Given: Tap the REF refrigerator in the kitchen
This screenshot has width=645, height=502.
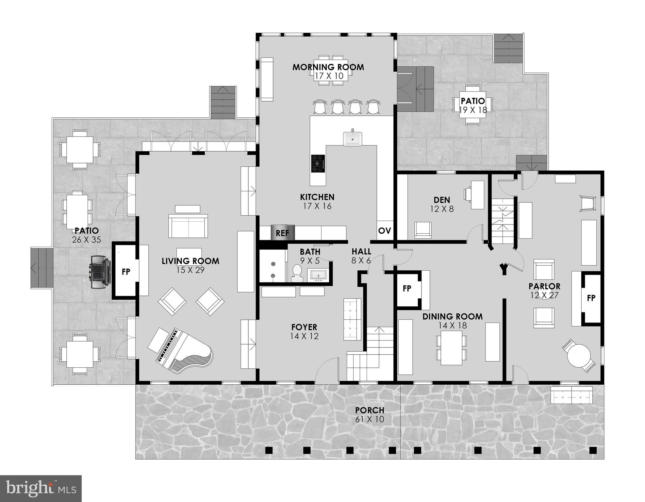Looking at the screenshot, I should (x=283, y=233).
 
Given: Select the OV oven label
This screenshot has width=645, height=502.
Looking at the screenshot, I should (x=385, y=231).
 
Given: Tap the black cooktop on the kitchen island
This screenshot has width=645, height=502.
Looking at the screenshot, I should (x=318, y=163).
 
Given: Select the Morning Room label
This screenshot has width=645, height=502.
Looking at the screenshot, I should (x=328, y=67).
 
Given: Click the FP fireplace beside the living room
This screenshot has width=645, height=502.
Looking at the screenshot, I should (x=126, y=271).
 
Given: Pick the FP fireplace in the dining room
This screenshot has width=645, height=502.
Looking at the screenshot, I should (x=407, y=288).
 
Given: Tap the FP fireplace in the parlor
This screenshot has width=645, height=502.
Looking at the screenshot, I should (x=591, y=298).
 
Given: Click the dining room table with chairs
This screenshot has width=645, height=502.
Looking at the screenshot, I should (x=451, y=348).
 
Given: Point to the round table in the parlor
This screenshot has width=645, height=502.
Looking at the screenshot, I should (x=579, y=356).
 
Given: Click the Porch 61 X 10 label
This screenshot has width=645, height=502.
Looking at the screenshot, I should (x=370, y=414).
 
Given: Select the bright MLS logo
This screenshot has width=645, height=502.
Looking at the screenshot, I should (x=41, y=489).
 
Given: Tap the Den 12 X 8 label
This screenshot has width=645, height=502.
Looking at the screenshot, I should (x=442, y=204).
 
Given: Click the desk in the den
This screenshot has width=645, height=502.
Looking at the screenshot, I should (x=477, y=195).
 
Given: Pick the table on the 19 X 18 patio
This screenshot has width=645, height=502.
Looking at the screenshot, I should (x=473, y=105).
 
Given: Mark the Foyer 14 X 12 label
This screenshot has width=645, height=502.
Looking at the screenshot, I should (x=304, y=331).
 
